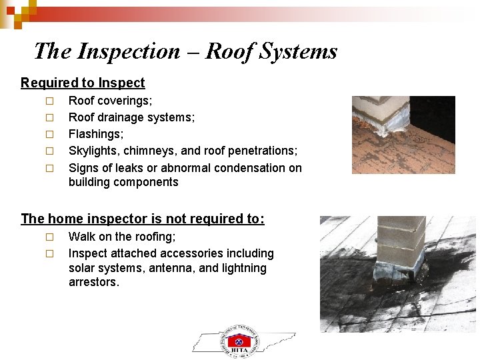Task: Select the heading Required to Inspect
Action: pyautogui.click(x=83, y=83)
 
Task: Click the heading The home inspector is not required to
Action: pyautogui.click(x=143, y=219)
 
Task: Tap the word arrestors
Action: pyautogui.click(x=93, y=283)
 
